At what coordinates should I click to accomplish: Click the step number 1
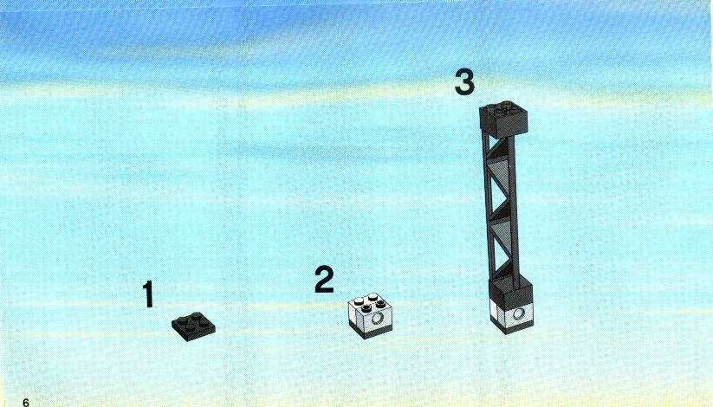[148, 294]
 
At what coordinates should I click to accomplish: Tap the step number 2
[324, 279]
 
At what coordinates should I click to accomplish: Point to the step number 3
[464, 82]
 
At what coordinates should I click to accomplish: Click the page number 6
[25, 402]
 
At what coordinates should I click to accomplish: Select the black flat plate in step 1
[193, 326]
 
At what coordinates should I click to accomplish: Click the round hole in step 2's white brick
[377, 319]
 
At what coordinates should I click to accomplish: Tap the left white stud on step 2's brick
[359, 301]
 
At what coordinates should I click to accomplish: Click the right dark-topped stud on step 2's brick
[380, 303]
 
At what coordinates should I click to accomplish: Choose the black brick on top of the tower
[503, 120]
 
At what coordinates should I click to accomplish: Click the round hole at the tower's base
[518, 313]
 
